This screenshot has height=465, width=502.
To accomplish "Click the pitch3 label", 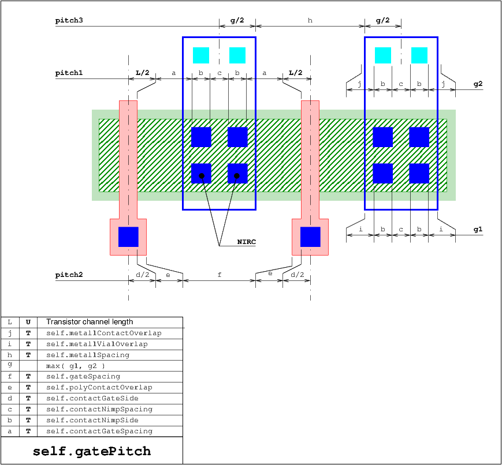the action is pyautogui.click(x=69, y=20).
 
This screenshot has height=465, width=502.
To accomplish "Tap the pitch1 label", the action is pyautogui.click(x=69, y=73).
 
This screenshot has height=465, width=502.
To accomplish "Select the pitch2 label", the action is pyautogui.click(x=69, y=275).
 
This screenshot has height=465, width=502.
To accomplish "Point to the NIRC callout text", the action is pyautogui.click(x=247, y=242).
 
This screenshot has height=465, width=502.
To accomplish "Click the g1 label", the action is pyautogui.click(x=478, y=230).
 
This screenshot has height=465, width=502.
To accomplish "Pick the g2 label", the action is pyautogui.click(x=478, y=84).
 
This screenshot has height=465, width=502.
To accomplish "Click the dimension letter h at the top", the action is pyautogui.click(x=310, y=20).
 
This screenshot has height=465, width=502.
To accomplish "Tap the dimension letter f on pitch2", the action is pyautogui.click(x=220, y=275).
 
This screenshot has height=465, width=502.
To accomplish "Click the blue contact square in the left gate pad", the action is pyautogui.click(x=128, y=237).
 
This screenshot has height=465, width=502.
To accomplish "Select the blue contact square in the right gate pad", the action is pyautogui.click(x=310, y=237).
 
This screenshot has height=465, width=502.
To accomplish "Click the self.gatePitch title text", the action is pyautogui.click(x=92, y=451).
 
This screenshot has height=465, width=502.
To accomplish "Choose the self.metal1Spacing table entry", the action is pyautogui.click(x=88, y=355).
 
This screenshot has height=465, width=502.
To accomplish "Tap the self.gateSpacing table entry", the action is pyautogui.click(x=83, y=376).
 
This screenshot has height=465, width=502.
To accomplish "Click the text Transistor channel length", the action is pyautogui.click(x=90, y=322).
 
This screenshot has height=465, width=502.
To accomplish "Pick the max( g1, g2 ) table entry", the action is pyautogui.click(x=76, y=366).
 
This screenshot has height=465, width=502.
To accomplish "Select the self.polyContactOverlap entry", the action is pyautogui.click(x=99, y=387).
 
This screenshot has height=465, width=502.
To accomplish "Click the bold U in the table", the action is pyautogui.click(x=28, y=322).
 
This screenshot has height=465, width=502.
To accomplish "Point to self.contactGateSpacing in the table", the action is pyautogui.click(x=99, y=431).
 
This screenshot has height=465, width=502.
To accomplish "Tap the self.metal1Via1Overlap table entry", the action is pyautogui.click(x=97, y=344).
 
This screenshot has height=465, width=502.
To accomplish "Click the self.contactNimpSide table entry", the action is pyautogui.click(x=92, y=420).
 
